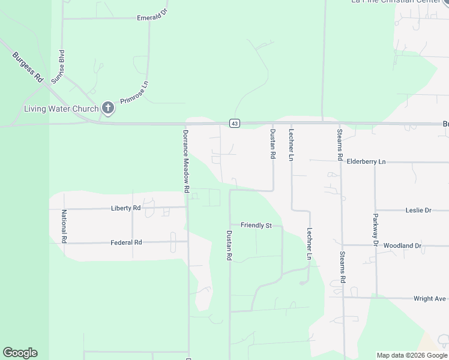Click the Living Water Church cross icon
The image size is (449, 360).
[x=108, y=108]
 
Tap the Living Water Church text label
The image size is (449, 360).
[x=61, y=109]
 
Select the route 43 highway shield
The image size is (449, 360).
[x=235, y=124]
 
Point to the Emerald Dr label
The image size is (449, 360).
[x=151, y=18]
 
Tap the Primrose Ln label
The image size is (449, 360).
[x=134, y=92]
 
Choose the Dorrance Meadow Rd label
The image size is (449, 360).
[x=186, y=161]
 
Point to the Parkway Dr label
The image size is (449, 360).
[x=376, y=230]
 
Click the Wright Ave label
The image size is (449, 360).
[x=430, y=298]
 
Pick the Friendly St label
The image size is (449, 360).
[x=256, y=226]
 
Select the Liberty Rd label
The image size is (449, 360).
[x=125, y=208]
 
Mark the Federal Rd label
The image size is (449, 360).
[x=126, y=242]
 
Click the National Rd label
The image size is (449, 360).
[x=64, y=226]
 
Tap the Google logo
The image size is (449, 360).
[x=20, y=353]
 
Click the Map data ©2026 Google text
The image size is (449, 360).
[x=411, y=355]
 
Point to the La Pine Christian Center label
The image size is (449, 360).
[x=396, y=2]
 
